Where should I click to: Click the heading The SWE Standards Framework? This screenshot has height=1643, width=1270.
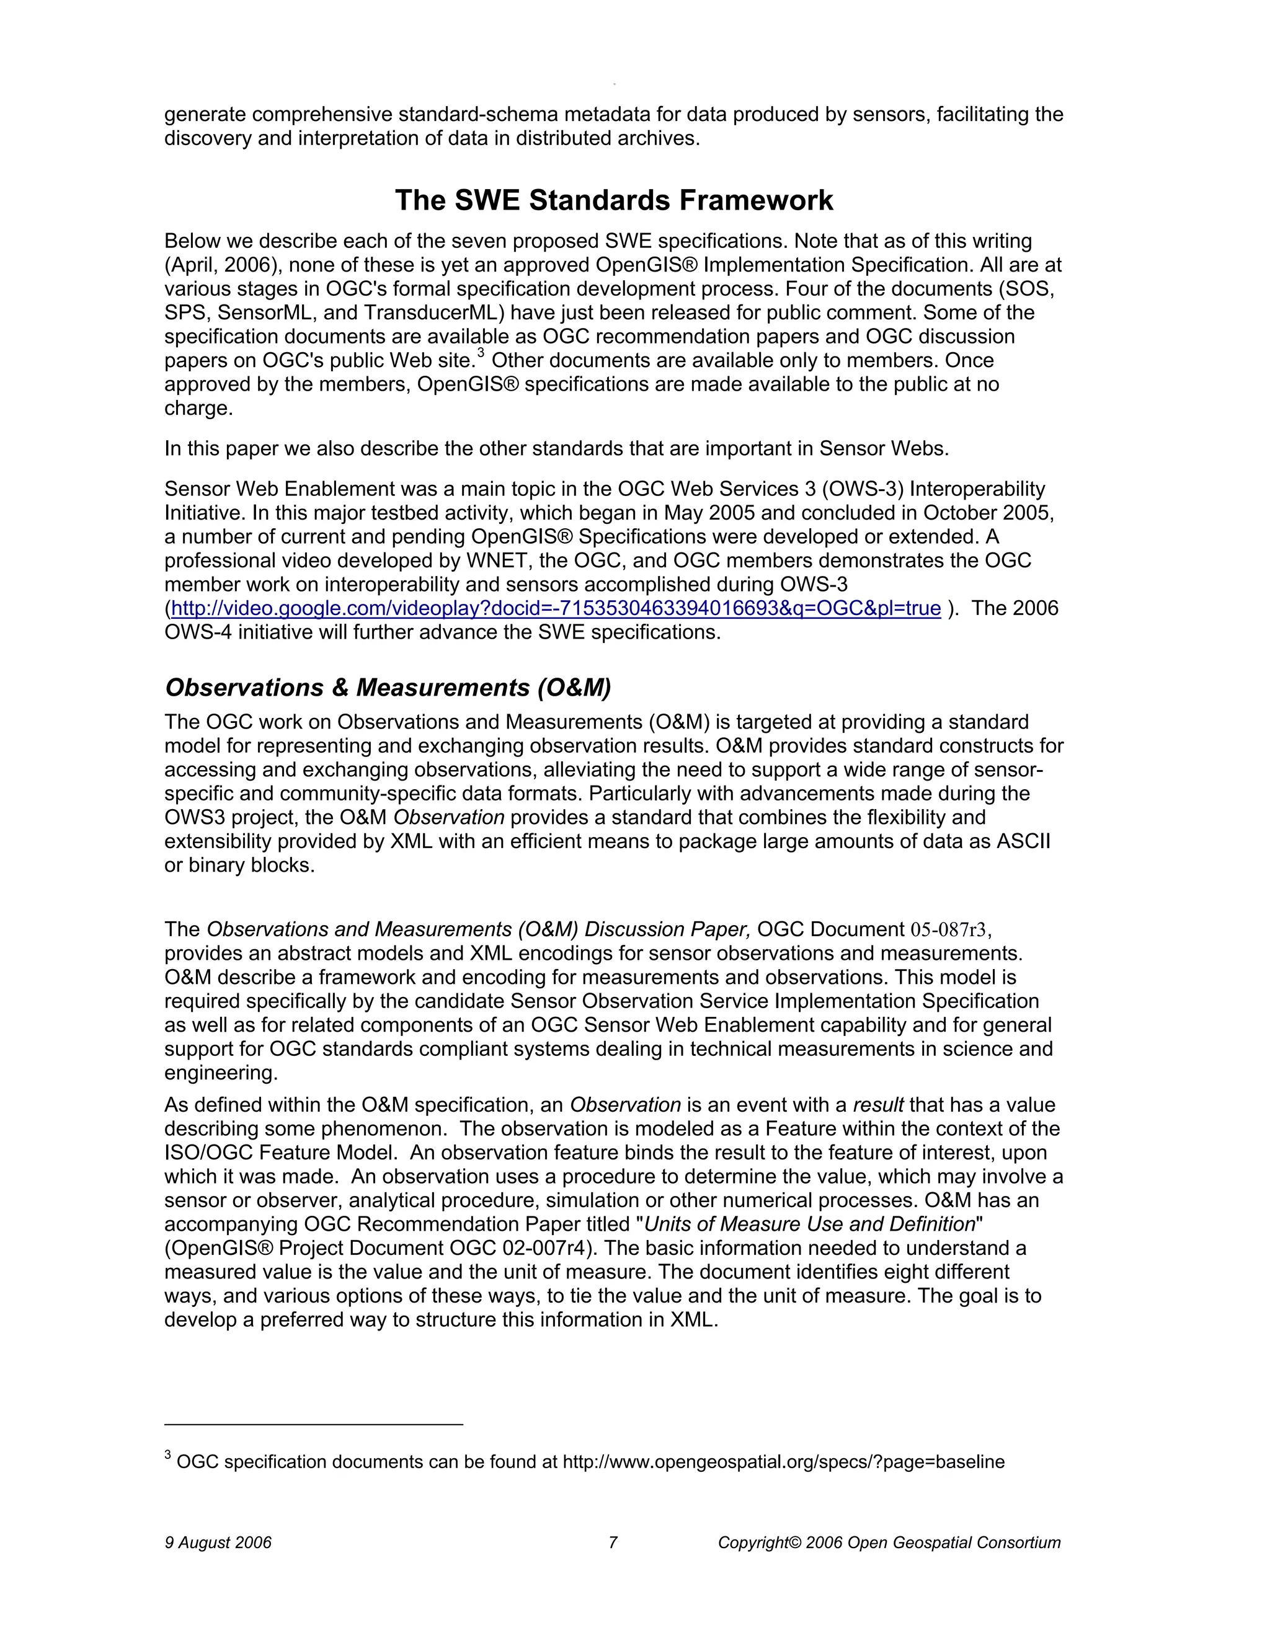coord(613,201)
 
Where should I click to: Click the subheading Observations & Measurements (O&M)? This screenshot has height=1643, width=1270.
coord(388,688)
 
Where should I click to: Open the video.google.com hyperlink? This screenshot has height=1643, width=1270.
coord(555,609)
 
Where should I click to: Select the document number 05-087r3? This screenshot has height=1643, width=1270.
coord(948,930)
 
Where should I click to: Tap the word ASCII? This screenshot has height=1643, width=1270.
coord(1023,841)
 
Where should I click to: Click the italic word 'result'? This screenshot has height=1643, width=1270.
coord(878,1105)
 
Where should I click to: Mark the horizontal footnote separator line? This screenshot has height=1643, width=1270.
coord(314,1424)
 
